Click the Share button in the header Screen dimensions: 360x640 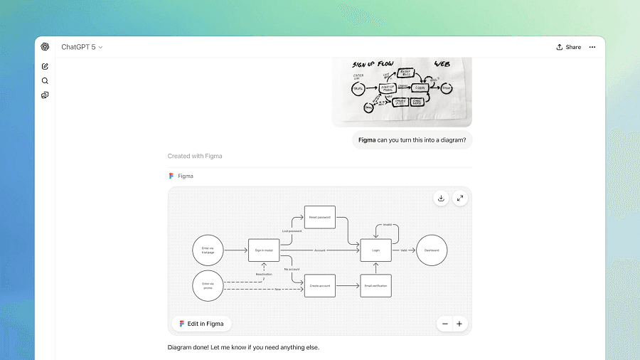click(x=568, y=47)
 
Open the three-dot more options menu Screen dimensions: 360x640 click(x=592, y=47)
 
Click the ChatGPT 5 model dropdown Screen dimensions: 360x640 click(x=82, y=47)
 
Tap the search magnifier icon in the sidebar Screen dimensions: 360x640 click(x=45, y=80)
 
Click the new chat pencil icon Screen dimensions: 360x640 click(x=45, y=66)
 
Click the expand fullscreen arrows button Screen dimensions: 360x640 click(x=460, y=198)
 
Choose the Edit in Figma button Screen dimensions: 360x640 click(x=201, y=324)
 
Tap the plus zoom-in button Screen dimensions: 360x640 click(x=459, y=324)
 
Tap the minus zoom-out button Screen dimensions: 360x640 click(x=445, y=324)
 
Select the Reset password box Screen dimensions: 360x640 click(x=319, y=217)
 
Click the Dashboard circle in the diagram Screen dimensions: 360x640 click(x=432, y=250)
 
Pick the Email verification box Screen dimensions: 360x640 click(x=376, y=285)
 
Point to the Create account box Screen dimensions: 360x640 click(x=319, y=285)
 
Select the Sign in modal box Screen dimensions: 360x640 click(x=263, y=250)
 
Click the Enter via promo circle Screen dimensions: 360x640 click(x=207, y=285)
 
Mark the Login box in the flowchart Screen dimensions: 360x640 click(x=376, y=250)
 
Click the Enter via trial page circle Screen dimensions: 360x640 click(x=207, y=250)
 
